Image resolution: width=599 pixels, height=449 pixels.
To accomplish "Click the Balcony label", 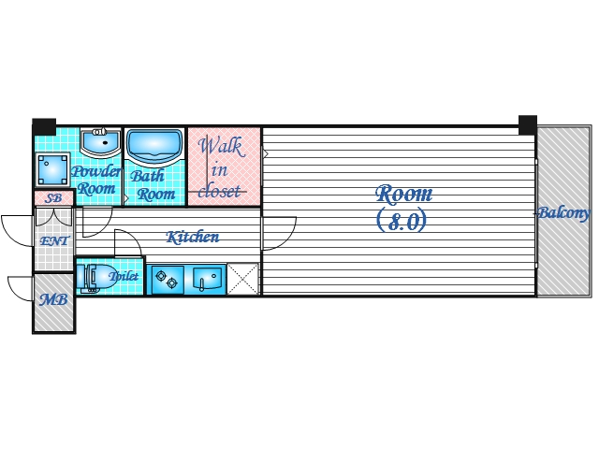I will (x=562, y=214).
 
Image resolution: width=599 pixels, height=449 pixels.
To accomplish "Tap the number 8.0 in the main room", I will (x=402, y=222).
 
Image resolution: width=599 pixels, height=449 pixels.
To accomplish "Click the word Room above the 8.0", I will (x=404, y=195).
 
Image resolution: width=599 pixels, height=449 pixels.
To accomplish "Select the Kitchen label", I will (x=193, y=238).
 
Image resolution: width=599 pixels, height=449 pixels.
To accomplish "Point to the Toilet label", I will (x=124, y=277).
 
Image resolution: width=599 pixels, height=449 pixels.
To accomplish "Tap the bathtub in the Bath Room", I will (x=153, y=147).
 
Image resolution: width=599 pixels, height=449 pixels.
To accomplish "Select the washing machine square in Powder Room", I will (x=51, y=171).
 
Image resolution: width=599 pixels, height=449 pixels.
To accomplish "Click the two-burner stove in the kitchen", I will (x=168, y=279).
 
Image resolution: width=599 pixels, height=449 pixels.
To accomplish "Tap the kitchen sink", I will (x=208, y=278).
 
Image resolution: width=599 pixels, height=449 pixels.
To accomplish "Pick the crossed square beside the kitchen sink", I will (x=242, y=279).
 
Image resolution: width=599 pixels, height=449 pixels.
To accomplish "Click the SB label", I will (x=53, y=199).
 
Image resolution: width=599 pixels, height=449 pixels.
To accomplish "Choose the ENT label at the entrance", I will (x=52, y=240).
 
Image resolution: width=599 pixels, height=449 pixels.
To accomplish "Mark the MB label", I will (x=53, y=302).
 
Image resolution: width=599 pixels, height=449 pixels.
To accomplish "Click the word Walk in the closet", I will (x=220, y=147).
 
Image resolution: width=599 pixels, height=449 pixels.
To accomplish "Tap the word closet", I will (x=221, y=191).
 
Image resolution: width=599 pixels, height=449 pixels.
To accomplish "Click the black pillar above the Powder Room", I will (x=44, y=126).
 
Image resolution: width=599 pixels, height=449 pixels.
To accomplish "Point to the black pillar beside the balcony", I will (x=527, y=124).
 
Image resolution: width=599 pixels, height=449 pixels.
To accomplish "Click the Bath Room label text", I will (x=152, y=185).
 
